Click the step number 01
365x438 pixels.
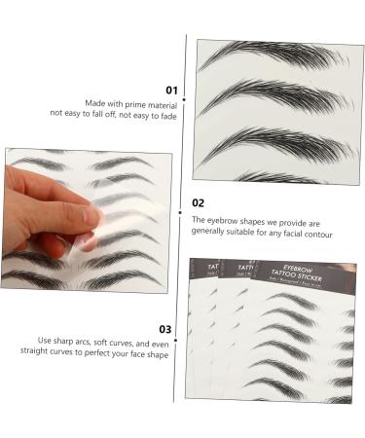pyautogui.click(x=171, y=90)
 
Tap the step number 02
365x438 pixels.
pyautogui.click(x=198, y=203)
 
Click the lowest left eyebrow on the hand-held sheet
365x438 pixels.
pyautogui.click(x=34, y=278)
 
